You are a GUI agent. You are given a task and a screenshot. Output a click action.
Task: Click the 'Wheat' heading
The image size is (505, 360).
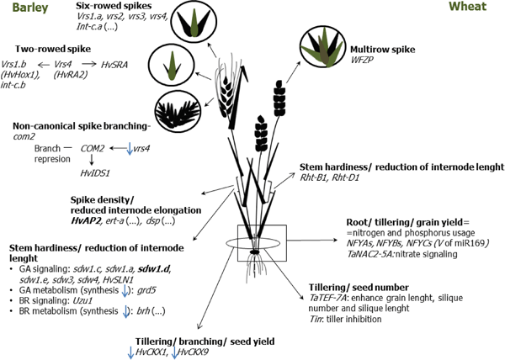(478, 9)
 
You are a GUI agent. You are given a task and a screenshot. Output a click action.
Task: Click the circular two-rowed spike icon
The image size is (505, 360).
(168, 64)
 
